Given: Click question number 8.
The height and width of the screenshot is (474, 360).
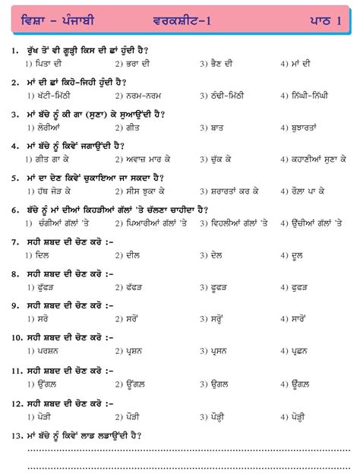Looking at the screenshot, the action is pos(15,273).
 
